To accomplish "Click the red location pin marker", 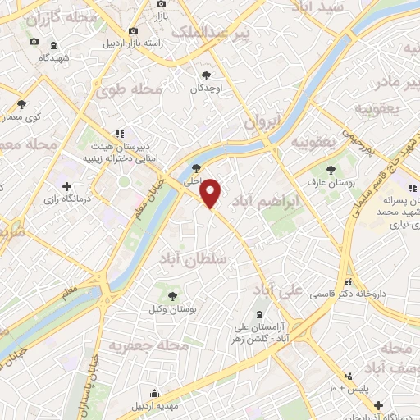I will point(211,194).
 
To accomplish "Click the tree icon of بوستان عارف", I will point(331,170).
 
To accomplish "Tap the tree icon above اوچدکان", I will point(205,74).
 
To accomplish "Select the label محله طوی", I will point(126,89).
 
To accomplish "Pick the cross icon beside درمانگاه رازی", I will point(66,186).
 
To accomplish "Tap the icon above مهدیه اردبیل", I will point(153,393).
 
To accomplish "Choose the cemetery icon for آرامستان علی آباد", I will point(260,315).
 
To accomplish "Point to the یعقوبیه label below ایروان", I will point(313,141).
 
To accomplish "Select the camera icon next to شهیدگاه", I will point(34,41).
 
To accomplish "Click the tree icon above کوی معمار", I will point(21,104).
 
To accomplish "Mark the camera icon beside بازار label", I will point(157,4).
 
